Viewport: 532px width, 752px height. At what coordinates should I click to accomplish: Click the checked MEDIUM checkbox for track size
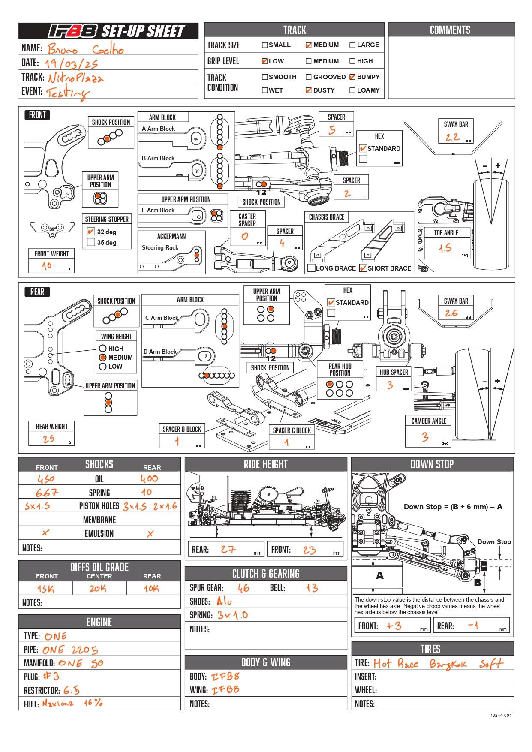[x=309, y=45]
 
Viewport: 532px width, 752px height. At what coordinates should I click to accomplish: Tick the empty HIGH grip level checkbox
[x=352, y=61]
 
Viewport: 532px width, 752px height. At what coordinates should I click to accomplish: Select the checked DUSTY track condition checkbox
[x=309, y=90]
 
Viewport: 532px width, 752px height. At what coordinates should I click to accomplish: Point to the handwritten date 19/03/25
[x=71, y=64]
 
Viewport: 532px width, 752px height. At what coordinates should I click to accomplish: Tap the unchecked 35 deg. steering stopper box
[x=91, y=242]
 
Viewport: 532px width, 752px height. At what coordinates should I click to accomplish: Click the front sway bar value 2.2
[x=453, y=137]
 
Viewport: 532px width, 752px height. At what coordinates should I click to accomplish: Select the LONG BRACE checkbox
[x=312, y=268]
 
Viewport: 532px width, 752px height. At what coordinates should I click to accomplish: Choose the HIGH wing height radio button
[x=103, y=349]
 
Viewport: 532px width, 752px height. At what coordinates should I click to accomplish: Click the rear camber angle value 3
[x=425, y=436]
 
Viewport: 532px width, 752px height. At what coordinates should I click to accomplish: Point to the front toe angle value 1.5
[x=445, y=248]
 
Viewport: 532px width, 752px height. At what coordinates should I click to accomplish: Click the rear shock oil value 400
[x=149, y=478]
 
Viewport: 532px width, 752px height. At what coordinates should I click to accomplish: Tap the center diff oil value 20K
[x=98, y=589]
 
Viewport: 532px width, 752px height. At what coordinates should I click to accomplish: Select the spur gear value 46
[x=243, y=588]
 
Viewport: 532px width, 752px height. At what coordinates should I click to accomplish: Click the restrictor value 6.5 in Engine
[x=72, y=690]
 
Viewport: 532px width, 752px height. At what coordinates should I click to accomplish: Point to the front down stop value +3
[x=394, y=626]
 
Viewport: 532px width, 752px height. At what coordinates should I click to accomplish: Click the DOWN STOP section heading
[x=432, y=464]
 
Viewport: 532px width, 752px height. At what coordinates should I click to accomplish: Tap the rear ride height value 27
[x=228, y=549]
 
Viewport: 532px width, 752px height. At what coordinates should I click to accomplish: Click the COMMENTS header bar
[x=450, y=30]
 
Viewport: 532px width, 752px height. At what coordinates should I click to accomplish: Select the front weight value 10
[x=47, y=266]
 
